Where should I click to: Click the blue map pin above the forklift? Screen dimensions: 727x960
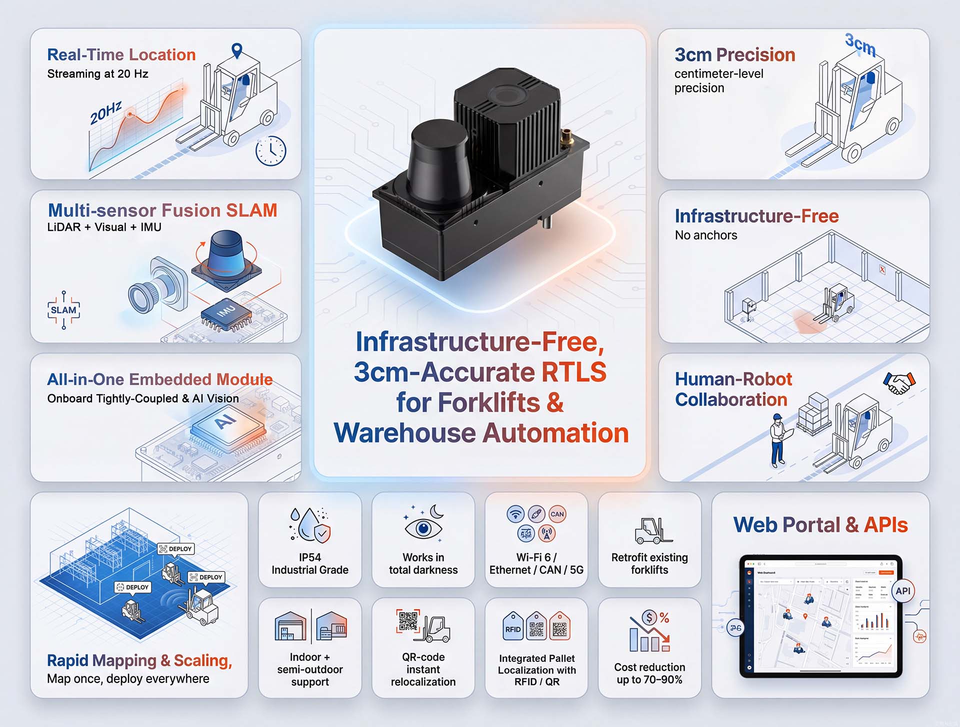[237, 50]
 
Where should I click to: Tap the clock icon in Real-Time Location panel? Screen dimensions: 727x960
[270, 150]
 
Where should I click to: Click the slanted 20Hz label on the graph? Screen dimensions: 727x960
[105, 113]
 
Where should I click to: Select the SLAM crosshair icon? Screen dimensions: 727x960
[63, 310]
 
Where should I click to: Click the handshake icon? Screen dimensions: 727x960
[899, 383]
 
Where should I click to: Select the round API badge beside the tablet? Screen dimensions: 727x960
[902, 591]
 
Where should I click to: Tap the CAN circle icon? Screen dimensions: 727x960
[557, 514]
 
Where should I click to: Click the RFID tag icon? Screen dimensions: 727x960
[513, 627]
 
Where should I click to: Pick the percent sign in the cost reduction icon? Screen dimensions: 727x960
[664, 618]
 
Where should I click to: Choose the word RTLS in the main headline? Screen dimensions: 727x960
[574, 372]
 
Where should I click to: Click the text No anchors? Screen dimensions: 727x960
[705, 235]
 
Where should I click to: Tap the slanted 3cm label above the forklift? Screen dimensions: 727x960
[860, 45]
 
